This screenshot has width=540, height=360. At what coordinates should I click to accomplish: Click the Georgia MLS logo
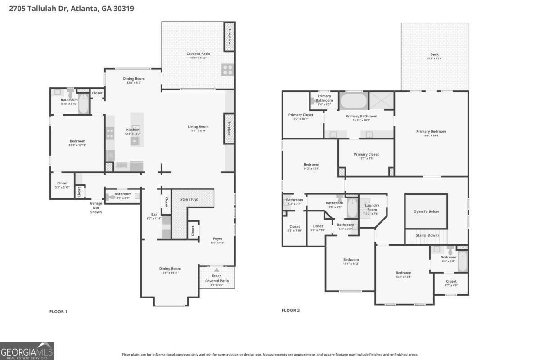coord(27,351)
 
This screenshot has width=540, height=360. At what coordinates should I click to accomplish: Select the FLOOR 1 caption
coord(58,311)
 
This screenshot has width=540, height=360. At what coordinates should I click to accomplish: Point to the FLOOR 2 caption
coord(291,310)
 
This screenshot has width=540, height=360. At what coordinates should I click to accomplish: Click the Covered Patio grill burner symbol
coord(227,69)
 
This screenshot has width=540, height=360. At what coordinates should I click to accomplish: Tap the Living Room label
coord(198,126)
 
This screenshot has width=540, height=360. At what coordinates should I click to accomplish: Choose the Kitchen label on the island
coord(133,130)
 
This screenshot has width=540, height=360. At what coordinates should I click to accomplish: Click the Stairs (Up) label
coord(189,199)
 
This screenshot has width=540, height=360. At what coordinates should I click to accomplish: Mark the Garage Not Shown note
coord(95,207)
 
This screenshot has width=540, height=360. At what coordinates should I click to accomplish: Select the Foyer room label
coord(217,239)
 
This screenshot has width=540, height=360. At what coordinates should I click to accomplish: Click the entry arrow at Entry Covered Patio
coord(217,270)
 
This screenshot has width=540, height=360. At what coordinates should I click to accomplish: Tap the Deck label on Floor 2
coord(434,54)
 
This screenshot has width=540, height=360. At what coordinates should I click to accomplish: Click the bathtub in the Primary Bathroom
coord(354,100)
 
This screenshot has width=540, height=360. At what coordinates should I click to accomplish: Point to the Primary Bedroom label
coord(431,131)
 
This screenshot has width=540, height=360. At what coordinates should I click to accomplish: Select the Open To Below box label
coord(426,211)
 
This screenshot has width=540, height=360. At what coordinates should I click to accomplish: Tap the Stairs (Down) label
coord(427,235)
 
